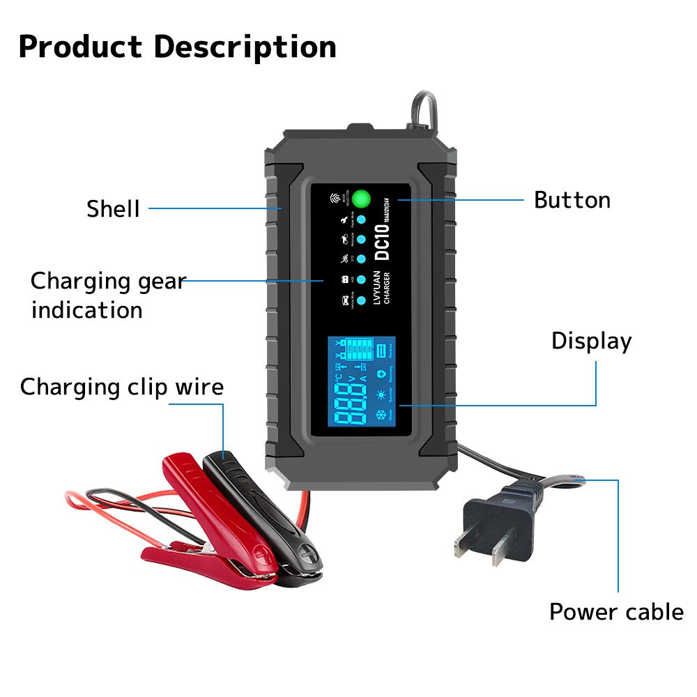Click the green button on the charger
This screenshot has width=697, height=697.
click(x=360, y=199)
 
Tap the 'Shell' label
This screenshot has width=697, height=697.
click(x=113, y=208)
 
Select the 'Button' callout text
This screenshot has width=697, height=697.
click(x=572, y=200)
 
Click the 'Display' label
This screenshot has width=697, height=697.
click(x=591, y=341)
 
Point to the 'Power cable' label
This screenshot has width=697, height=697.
click(x=616, y=611)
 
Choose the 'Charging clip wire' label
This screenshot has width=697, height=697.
click(x=122, y=387)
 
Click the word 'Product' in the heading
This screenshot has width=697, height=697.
click(x=80, y=47)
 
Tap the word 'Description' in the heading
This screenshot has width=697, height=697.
click(x=245, y=47)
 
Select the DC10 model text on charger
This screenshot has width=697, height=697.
click(x=383, y=241)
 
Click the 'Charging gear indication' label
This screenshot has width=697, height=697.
click(x=108, y=295)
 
